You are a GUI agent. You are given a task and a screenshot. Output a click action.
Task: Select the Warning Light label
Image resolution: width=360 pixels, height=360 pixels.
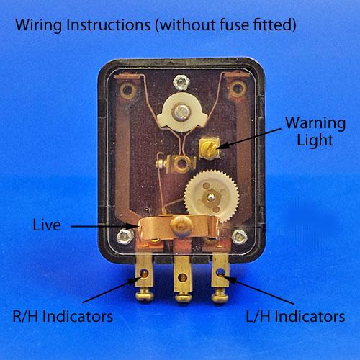(315, 131)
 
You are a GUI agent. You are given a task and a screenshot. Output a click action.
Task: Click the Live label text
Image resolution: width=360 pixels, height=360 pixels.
(47, 225)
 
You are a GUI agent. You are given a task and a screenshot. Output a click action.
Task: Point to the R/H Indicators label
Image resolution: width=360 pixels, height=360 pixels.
(63, 317)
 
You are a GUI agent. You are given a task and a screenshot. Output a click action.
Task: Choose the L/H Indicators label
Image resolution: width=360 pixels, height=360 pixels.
(295, 317)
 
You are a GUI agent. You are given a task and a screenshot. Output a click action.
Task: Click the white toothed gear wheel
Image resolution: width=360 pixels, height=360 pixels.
(212, 197)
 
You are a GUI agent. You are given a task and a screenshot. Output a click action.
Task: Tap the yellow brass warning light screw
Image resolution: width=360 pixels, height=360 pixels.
(209, 148)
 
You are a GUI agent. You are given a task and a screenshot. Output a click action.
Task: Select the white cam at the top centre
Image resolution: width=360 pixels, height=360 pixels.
(182, 112)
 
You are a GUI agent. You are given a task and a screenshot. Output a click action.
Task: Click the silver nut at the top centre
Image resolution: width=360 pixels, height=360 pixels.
(181, 82)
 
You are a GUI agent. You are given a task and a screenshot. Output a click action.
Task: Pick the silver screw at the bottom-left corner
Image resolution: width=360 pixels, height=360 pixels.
(125, 236)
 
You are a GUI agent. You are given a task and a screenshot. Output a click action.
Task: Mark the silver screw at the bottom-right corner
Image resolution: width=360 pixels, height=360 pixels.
(239, 237)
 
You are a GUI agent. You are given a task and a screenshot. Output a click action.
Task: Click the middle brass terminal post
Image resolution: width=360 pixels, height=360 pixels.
(183, 279)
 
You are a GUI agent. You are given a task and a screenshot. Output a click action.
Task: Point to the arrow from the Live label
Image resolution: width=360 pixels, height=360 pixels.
(104, 226)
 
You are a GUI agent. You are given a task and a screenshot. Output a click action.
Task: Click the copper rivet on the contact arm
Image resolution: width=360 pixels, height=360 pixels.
(181, 225)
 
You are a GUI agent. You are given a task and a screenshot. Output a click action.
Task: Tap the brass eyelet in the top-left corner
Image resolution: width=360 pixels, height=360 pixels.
(127, 90)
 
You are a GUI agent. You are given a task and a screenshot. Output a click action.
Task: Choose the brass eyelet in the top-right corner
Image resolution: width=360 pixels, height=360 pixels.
(237, 89)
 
